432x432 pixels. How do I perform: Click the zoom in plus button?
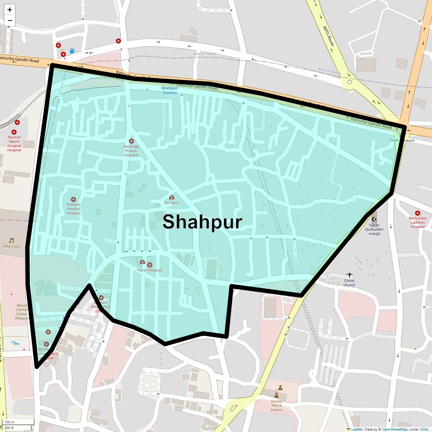coord(10,10)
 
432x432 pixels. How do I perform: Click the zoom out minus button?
coord(10,21)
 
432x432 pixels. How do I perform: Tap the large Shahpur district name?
coord(202,222)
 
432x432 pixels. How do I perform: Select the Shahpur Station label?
coord(170,90)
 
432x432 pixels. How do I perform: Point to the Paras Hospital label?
coord(150,270)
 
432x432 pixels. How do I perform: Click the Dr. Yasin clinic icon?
coord(172,197)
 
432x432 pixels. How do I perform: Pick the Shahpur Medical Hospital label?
coord(73,209)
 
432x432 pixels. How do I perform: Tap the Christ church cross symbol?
coord(349,275)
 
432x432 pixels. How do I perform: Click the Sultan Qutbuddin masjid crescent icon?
coord(374,219)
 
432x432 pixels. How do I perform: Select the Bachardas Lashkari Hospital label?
coord(418,222)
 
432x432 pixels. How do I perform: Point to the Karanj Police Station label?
coord(276,405)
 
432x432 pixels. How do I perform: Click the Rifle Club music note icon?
coord(12,240)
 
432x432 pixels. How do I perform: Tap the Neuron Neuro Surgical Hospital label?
coord(14,144)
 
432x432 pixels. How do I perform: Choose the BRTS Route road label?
coord(328,36)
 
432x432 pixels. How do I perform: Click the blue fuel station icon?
coord(72,51)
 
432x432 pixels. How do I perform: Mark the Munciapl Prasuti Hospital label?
coord(131,151)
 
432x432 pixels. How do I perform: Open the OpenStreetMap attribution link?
coord(395,429)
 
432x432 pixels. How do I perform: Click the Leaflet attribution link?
coord(356,429)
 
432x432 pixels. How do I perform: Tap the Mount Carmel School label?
coord(22,312)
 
